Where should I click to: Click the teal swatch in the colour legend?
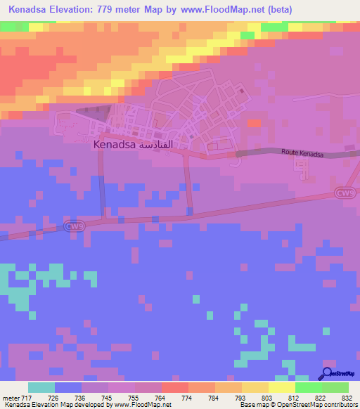41,387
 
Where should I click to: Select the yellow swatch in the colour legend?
281,387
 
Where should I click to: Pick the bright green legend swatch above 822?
308,387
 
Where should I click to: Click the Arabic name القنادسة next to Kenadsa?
155,144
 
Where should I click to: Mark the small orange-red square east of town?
254,123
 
